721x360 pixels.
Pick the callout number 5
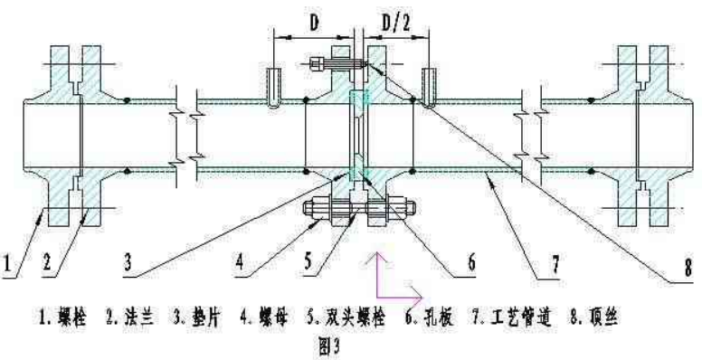click(308, 265)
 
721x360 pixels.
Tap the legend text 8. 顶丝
click(596, 319)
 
